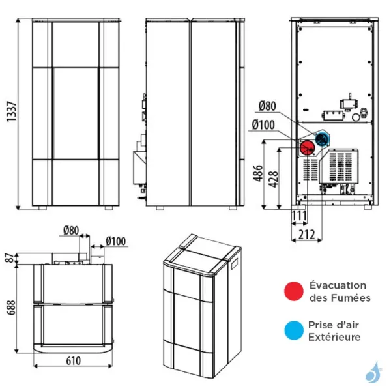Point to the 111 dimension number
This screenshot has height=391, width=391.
[299, 216]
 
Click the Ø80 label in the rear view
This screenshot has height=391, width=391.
[268, 107]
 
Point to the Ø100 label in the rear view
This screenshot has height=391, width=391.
[265, 124]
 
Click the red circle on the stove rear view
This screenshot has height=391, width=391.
[306, 147]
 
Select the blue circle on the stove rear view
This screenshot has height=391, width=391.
[322, 138]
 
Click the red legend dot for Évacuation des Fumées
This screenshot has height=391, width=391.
[293, 291]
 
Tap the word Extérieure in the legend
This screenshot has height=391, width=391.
[335, 338]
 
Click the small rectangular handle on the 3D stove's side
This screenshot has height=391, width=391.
[233, 267]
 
